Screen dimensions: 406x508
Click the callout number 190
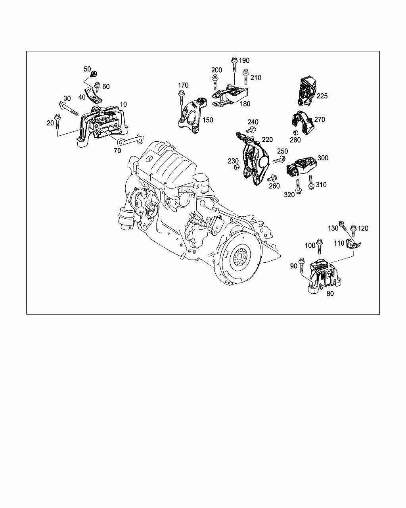click(x=244, y=60)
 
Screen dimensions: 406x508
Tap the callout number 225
click(x=322, y=96)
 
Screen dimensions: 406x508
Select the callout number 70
click(x=117, y=151)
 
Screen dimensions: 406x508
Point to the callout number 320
click(x=289, y=194)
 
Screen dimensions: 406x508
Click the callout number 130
click(x=333, y=228)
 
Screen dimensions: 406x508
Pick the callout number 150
click(x=207, y=120)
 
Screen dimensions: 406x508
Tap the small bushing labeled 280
click(x=295, y=132)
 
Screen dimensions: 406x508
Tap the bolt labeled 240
click(x=252, y=129)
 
